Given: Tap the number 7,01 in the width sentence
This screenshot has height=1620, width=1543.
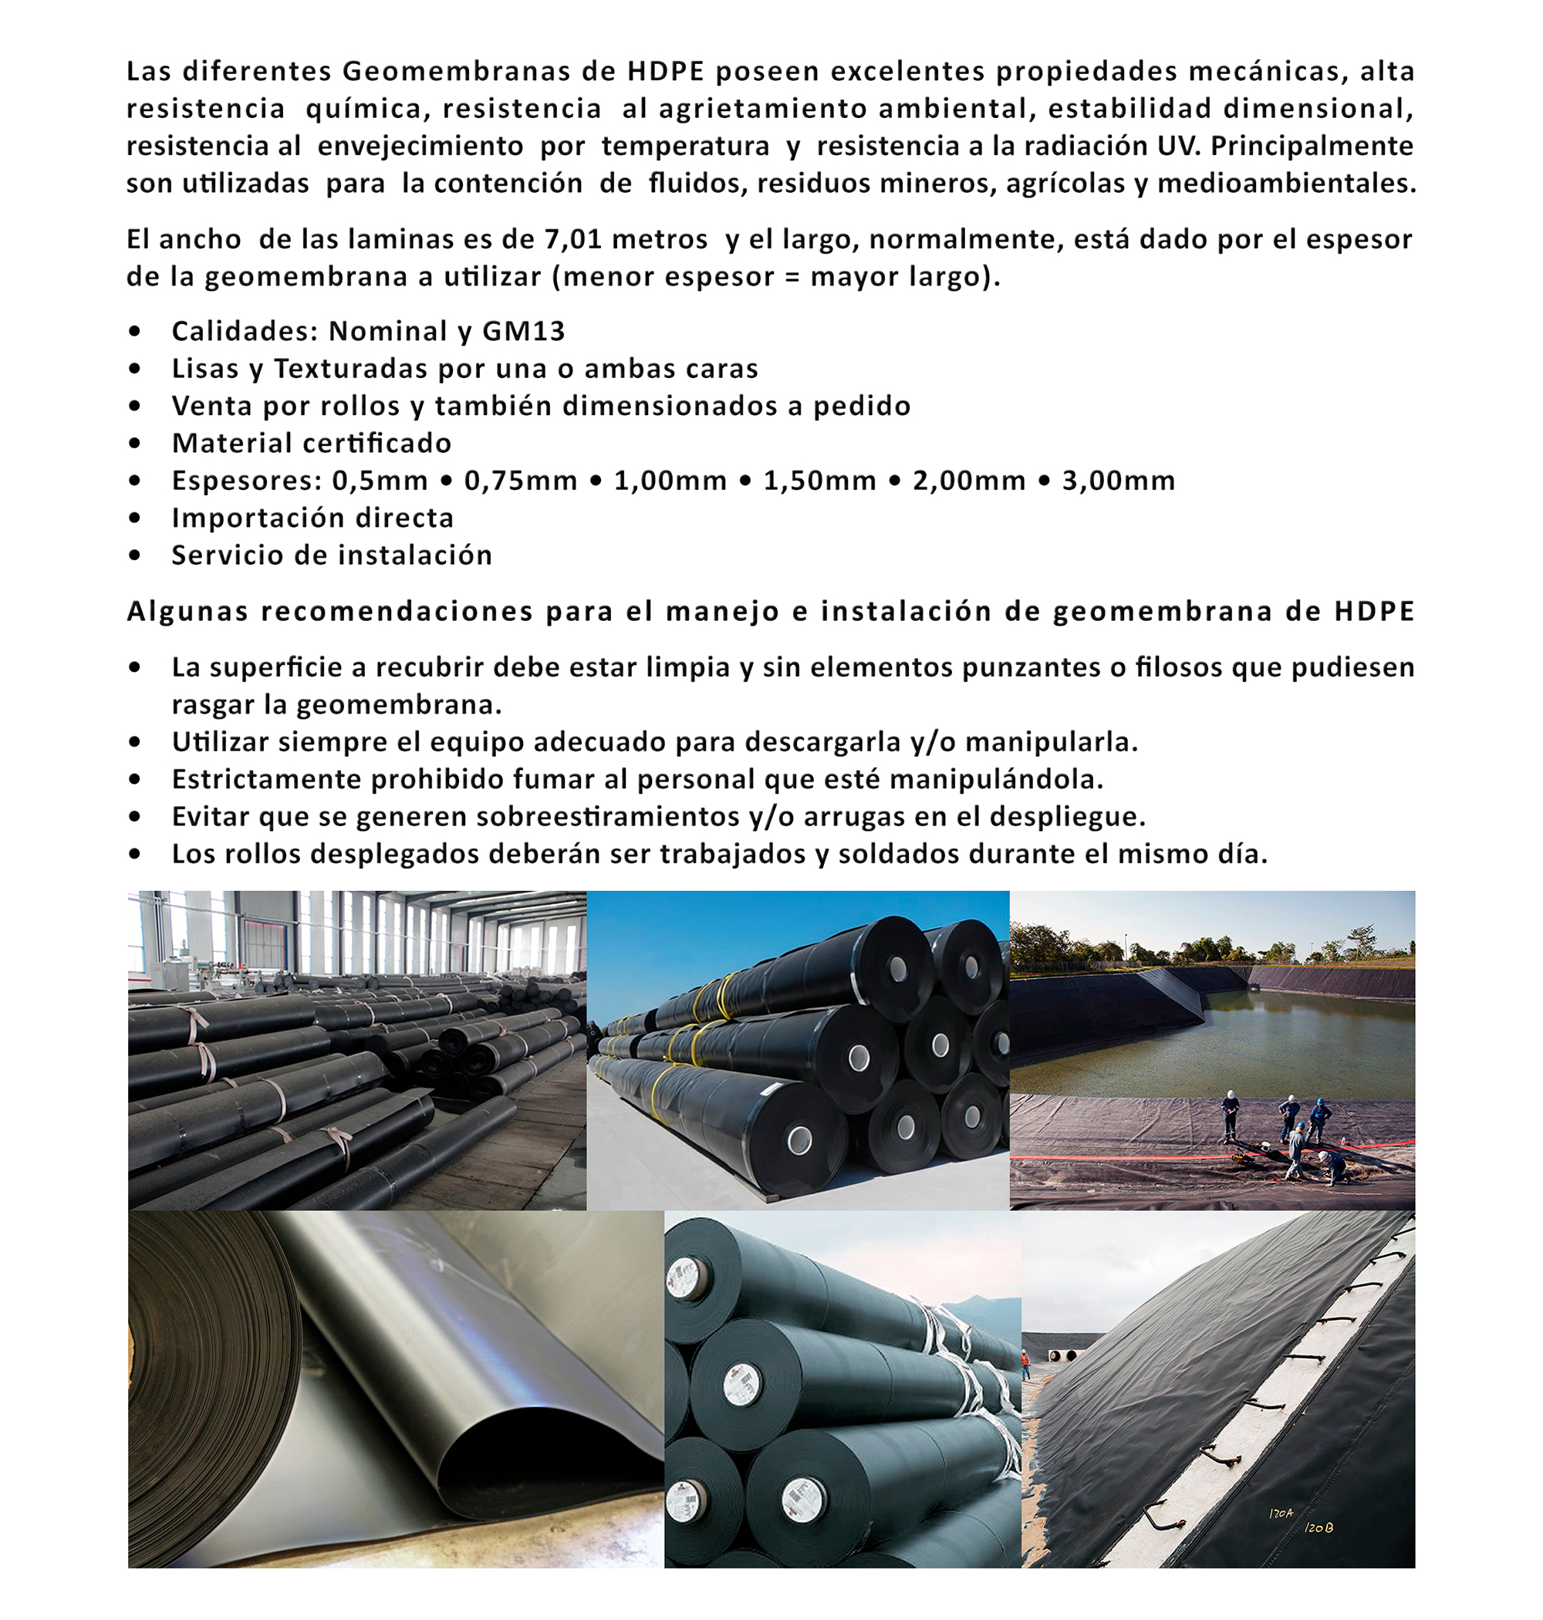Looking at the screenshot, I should click(572, 239).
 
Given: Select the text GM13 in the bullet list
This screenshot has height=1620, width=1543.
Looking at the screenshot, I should click(523, 332).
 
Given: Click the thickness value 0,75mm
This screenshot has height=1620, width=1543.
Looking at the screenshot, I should click(521, 481).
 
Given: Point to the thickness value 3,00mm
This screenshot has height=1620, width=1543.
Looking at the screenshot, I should click(1118, 481).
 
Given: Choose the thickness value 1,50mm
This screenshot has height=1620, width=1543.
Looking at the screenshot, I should click(819, 481).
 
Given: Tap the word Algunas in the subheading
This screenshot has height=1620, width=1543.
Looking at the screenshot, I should click(187, 612).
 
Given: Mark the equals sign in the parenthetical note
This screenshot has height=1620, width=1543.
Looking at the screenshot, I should click(792, 277).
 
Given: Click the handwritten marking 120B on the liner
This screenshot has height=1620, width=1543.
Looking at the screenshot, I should click(1318, 1528).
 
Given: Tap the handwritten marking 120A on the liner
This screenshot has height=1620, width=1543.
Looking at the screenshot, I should click(1281, 1513).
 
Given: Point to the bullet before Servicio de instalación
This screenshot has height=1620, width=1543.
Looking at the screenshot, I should click(135, 556).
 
